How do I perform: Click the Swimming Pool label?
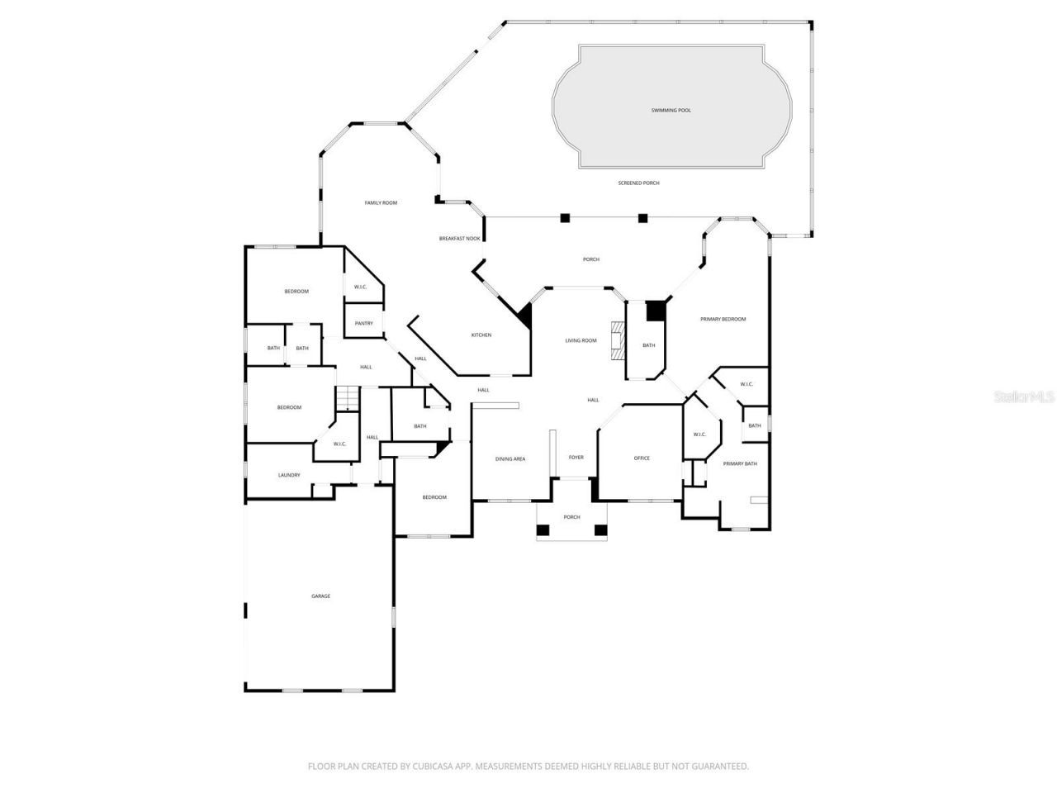[671, 110]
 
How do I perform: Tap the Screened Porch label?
[638, 183]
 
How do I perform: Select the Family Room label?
[381, 202]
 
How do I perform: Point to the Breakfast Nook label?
[459, 239]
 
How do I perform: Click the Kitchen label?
[481, 335]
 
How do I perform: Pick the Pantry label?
[363, 323]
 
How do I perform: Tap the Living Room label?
[581, 340]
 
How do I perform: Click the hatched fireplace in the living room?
[617, 340]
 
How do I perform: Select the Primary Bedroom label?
[723, 319]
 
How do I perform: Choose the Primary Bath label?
[739, 463]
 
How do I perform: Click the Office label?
[642, 458]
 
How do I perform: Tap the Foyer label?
[576, 457]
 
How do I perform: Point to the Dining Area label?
[510, 458]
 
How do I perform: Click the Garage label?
[320, 596]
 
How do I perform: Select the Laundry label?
[289, 475]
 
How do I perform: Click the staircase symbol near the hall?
[348, 398]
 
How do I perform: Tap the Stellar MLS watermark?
[1024, 396]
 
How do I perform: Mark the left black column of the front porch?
[543, 529]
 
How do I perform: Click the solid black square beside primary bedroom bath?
[655, 310]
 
